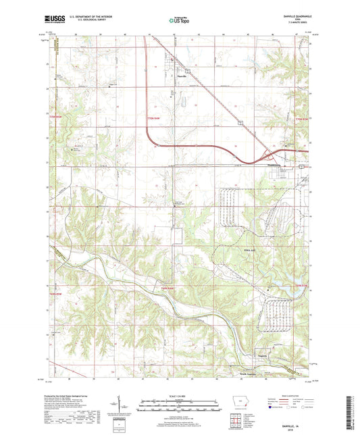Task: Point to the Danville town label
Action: click(x=181, y=76)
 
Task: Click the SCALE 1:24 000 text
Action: click(x=179, y=396)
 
